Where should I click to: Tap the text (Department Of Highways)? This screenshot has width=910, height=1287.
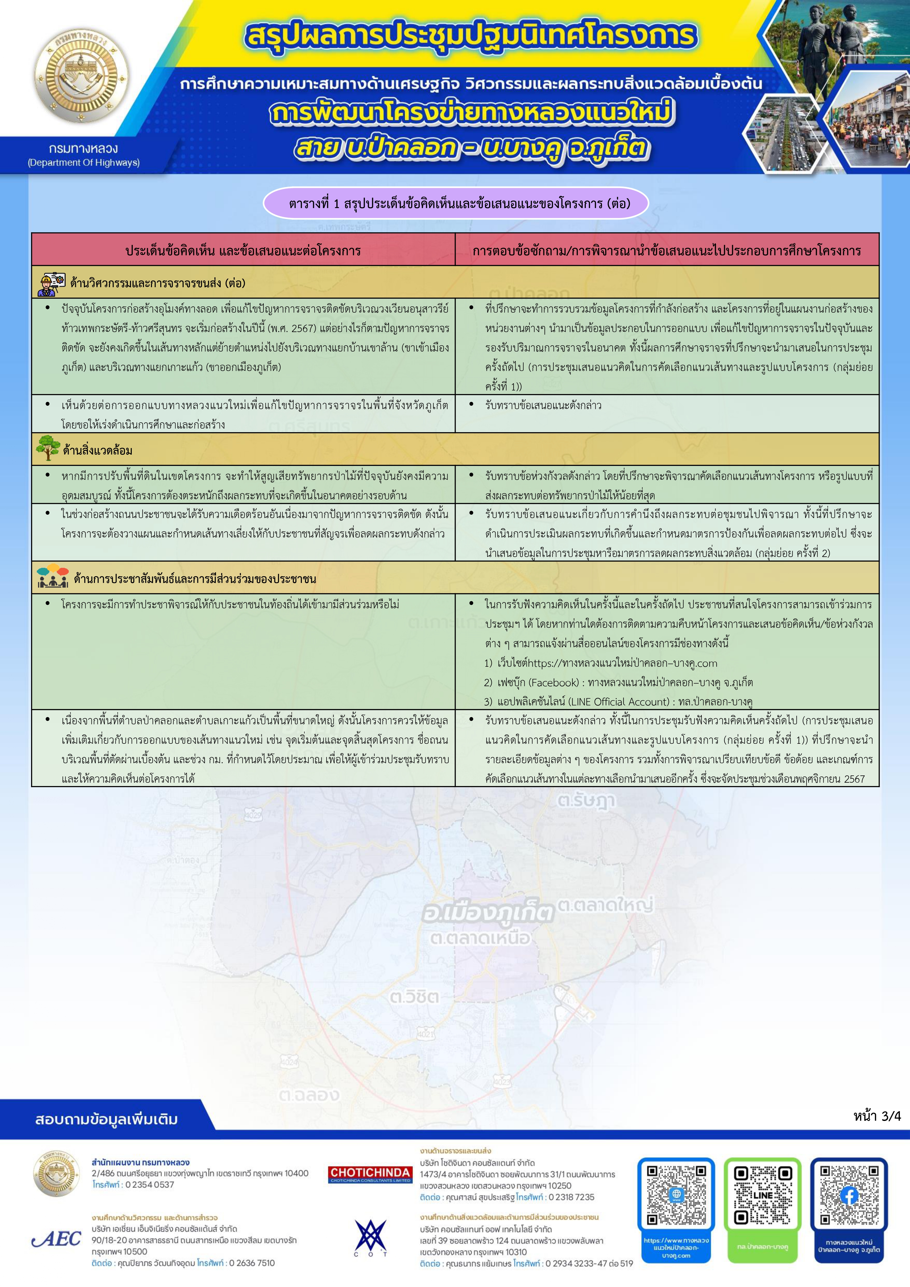click(84, 163)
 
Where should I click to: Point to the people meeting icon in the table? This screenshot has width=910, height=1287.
click(52, 577)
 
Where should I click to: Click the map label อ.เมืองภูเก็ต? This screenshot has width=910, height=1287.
click(487, 913)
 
